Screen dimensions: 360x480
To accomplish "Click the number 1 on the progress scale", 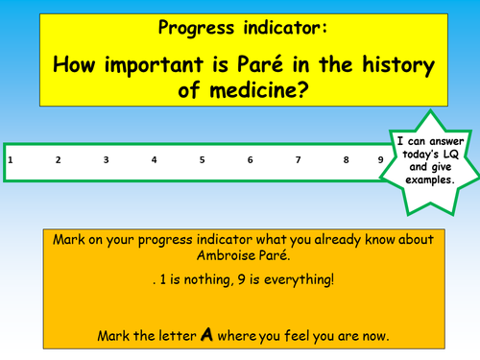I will click(10, 159).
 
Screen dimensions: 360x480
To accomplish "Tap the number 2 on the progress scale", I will click(58, 159).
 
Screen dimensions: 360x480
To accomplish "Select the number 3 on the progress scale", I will click(106, 159).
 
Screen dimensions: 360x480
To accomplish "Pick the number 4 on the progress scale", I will click(154, 159).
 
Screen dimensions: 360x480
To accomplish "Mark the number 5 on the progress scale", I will click(202, 159).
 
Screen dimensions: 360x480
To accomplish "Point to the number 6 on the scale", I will click(250, 159).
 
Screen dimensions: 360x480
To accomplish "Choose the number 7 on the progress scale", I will click(298, 159).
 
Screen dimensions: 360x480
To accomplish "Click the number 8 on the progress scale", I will click(346, 159).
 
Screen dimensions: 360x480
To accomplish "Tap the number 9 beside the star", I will click(380, 159).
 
